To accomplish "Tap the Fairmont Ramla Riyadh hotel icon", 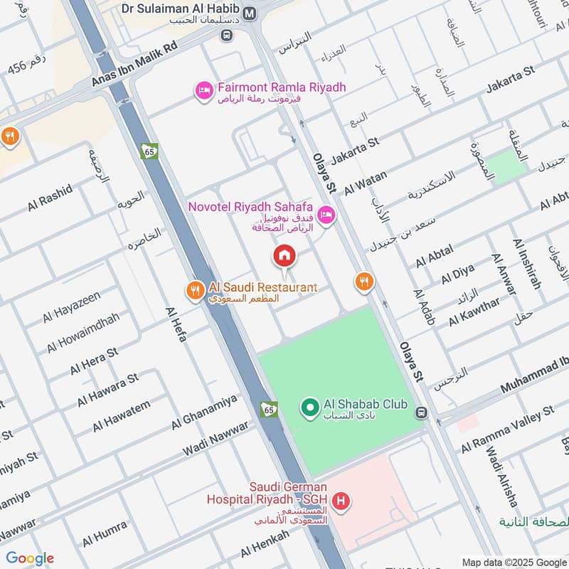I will tap(203, 90).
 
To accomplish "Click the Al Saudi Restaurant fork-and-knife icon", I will tap(194, 289).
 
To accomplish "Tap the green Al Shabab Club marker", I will tap(309, 408).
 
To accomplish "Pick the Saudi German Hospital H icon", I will tap(342, 501).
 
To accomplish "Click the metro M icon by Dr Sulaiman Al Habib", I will tap(250, 13).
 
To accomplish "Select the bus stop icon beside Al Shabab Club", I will tap(422, 412).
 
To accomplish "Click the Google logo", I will tap(30, 558).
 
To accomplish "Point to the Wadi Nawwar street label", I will tap(216, 439).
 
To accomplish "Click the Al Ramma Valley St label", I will tap(507, 430).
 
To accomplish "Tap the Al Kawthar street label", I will tap(474, 312).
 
